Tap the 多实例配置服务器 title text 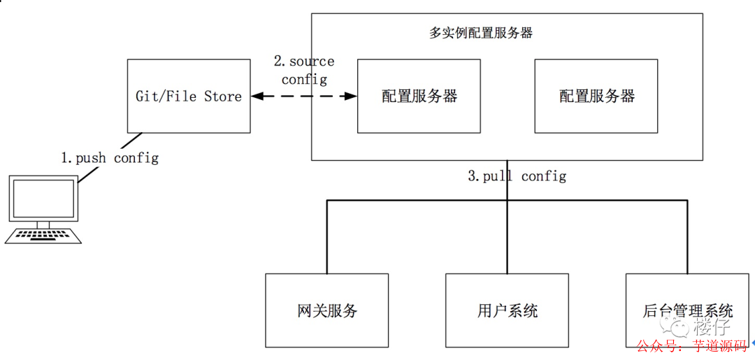[480, 33]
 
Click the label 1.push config [110, 158]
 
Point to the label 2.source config [304, 71]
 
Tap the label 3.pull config [517, 176]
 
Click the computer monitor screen [43, 199]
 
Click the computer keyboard [43, 236]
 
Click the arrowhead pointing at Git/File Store [257, 96]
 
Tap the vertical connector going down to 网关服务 [327, 238]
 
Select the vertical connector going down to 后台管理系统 [687, 238]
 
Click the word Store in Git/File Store [223, 96]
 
